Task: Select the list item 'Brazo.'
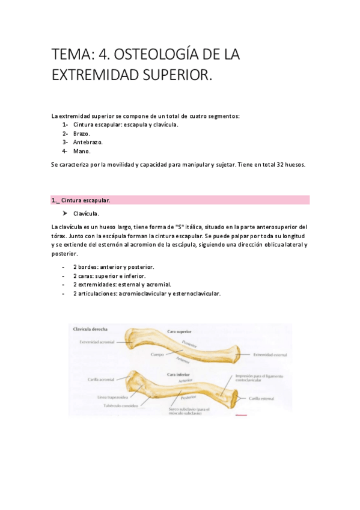[82, 134]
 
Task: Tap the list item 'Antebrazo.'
[88, 143]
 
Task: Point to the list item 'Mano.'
[82, 152]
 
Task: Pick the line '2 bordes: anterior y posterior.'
[114, 266]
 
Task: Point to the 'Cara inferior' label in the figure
[178, 374]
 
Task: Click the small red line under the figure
[241, 415]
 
